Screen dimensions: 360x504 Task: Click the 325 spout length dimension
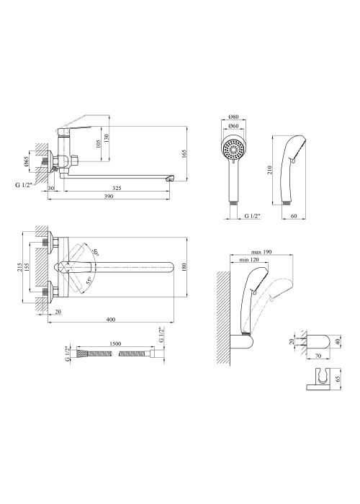pyautogui.click(x=117, y=188)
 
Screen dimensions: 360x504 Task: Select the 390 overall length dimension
pyautogui.click(x=109, y=197)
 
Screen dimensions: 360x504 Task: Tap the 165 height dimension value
pyautogui.click(x=184, y=154)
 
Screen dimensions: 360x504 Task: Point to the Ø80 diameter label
pyautogui.click(x=233, y=117)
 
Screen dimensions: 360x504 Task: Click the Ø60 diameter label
pyautogui.click(x=233, y=126)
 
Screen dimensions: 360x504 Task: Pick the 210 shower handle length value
pyautogui.click(x=269, y=170)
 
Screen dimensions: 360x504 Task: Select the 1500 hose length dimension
pyautogui.click(x=115, y=343)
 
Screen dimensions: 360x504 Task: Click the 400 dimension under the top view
pyautogui.click(x=110, y=320)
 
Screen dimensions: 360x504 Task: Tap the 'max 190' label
pyautogui.click(x=261, y=252)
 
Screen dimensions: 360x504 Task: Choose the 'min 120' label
pyautogui.click(x=249, y=260)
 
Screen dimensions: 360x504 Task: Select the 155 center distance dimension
pyautogui.click(x=27, y=267)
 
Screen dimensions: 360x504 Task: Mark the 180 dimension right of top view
pyautogui.click(x=184, y=267)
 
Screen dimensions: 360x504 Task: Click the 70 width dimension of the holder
pyautogui.click(x=318, y=356)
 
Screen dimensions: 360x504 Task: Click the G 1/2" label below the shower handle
pyautogui.click(x=252, y=216)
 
